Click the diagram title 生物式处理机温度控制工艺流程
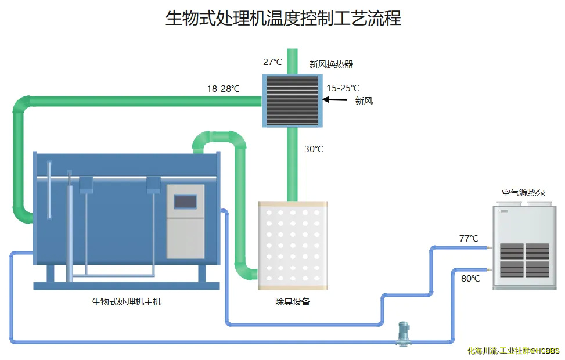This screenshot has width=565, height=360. pyautogui.click(x=283, y=18)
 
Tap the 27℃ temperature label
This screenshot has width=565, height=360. pyautogui.click(x=272, y=62)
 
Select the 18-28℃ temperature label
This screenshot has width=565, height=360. pyautogui.click(x=223, y=89)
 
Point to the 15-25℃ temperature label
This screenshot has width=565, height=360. pyautogui.click(x=343, y=88)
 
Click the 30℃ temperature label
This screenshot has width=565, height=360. pyautogui.click(x=314, y=149)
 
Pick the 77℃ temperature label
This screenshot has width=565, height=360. pyautogui.click(x=468, y=239)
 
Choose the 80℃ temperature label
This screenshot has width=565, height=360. pyautogui.click(x=470, y=279)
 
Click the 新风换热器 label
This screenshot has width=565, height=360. pyautogui.click(x=331, y=64)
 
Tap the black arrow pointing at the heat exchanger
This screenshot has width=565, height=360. pyautogui.click(x=334, y=100)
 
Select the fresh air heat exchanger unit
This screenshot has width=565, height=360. pyautogui.click(x=292, y=100)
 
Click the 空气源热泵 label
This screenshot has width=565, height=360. pyautogui.click(x=523, y=193)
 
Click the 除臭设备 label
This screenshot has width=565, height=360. pyautogui.click(x=293, y=302)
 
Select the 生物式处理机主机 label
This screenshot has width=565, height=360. pyautogui.click(x=127, y=302)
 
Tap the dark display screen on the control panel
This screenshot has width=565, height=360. pyautogui.click(x=185, y=201)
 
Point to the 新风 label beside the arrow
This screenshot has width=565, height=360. pyautogui.click(x=364, y=100)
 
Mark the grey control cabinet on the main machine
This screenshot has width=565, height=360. pyautogui.click(x=186, y=221)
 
